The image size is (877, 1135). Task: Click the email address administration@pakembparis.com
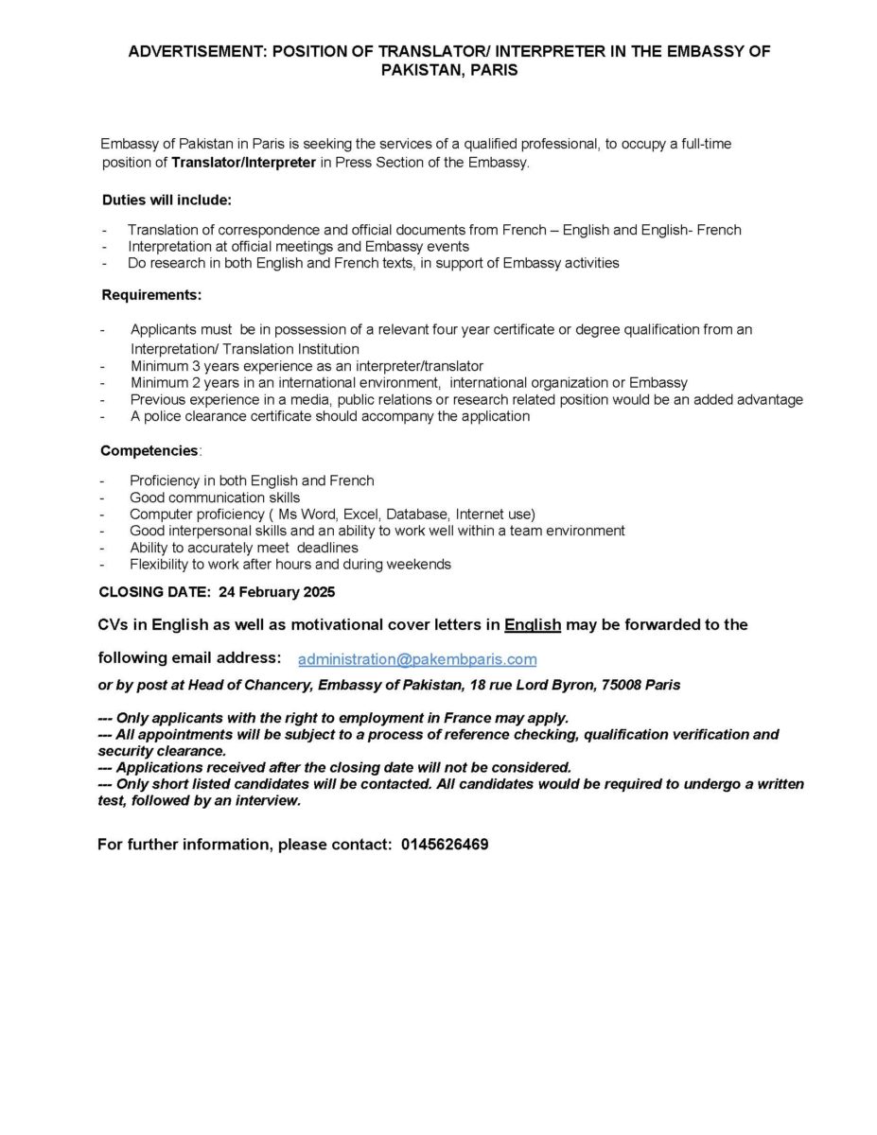tap(417, 659)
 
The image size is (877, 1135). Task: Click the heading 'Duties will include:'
tap(167, 201)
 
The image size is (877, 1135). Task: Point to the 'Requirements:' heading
tap(151, 295)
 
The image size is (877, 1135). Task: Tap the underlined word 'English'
tap(534, 624)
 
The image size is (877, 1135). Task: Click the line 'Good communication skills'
tap(215, 498)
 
